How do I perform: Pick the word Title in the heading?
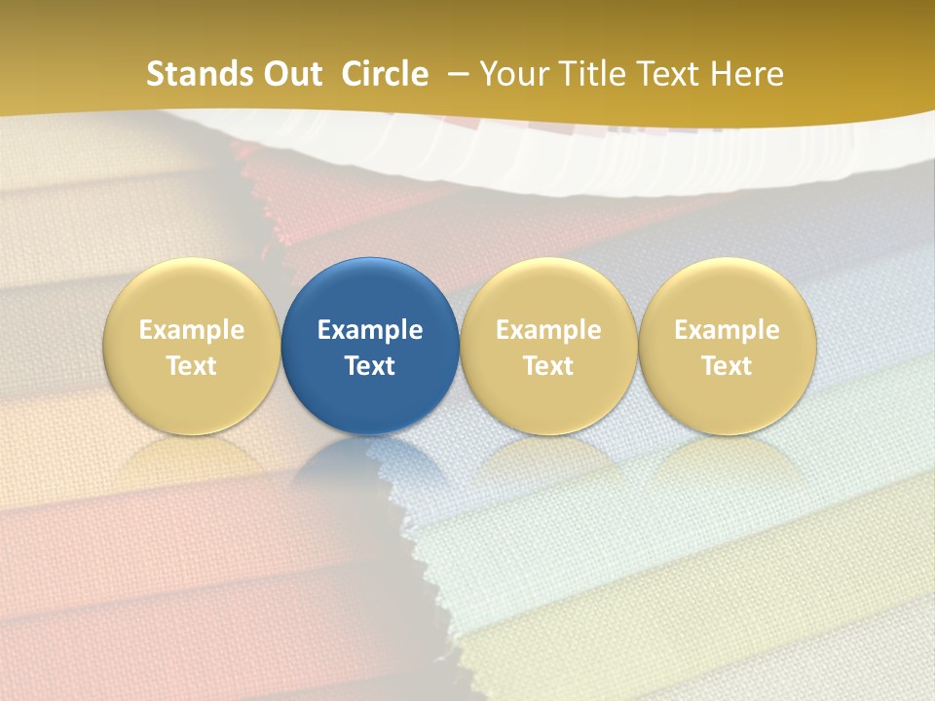click(595, 74)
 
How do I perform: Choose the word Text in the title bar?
click(671, 74)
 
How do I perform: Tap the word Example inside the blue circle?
click(370, 330)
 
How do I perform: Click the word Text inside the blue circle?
click(370, 366)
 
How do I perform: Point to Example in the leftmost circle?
click(192, 330)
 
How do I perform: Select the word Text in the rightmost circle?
click(727, 366)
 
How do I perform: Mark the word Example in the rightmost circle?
click(727, 330)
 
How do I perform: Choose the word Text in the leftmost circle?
click(192, 366)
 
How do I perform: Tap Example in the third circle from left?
click(548, 330)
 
